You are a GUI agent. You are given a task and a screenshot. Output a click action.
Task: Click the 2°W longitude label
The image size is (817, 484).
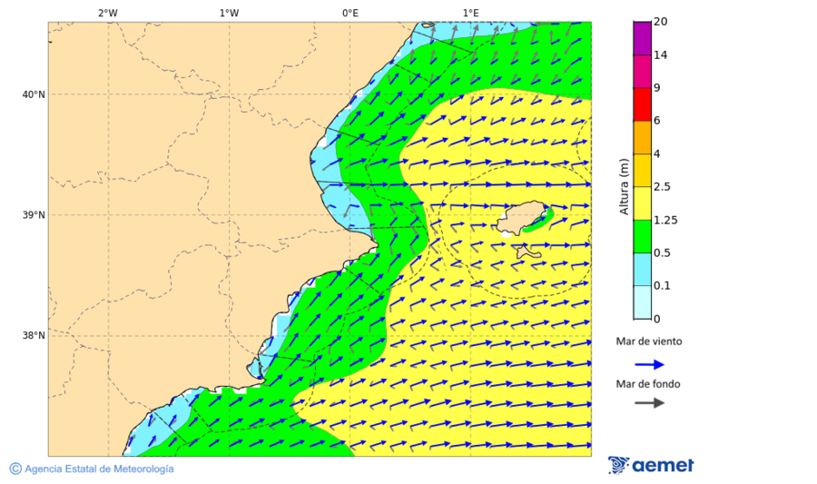click(x=107, y=13)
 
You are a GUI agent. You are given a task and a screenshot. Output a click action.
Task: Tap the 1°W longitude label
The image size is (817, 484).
click(x=229, y=13)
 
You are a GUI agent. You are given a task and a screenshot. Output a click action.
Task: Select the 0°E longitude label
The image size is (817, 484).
click(x=349, y=13)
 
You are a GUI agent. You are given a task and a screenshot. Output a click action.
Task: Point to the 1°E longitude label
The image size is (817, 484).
click(x=470, y=13)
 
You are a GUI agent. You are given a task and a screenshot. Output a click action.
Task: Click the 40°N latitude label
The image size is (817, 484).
click(x=34, y=94)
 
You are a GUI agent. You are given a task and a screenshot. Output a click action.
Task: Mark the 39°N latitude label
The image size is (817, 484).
click(x=34, y=215)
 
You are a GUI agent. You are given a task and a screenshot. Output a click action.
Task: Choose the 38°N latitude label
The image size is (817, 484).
click(x=34, y=336)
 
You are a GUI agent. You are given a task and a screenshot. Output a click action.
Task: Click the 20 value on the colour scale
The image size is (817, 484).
click(x=661, y=22)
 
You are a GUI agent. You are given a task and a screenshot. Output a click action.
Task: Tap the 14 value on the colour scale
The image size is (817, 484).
click(x=661, y=55)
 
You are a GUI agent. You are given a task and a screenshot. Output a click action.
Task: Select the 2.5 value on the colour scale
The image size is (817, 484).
click(x=663, y=187)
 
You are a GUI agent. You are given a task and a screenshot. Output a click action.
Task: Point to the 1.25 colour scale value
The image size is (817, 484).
click(x=665, y=220)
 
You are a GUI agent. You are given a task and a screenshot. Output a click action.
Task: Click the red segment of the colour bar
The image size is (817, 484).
click(x=642, y=104)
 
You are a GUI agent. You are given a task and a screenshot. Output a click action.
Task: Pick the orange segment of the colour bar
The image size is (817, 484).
click(x=642, y=137)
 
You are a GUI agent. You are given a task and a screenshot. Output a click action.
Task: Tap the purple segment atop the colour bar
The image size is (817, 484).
click(x=642, y=38)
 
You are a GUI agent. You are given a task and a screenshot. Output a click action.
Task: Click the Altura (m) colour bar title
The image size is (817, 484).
click(x=624, y=187)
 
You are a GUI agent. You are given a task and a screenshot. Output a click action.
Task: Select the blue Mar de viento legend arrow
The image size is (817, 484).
click(x=648, y=364)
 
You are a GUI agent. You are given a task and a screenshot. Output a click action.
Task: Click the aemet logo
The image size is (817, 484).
click(x=651, y=465)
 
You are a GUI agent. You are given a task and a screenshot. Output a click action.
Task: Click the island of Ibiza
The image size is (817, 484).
click(x=522, y=220)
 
